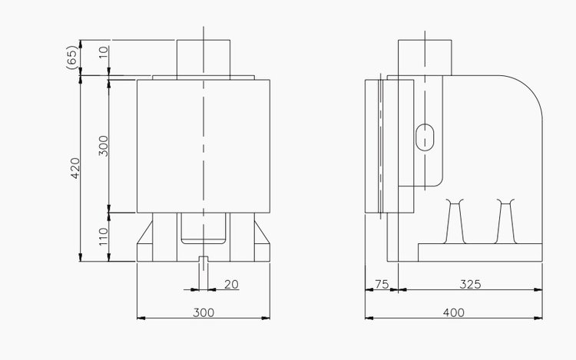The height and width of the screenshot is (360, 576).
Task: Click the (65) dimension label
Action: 72,57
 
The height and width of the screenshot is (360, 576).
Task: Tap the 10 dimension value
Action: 104,51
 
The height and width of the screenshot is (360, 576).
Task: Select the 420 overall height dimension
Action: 75,168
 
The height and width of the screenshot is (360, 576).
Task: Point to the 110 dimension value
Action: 104,236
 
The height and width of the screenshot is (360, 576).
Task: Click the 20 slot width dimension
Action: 231,285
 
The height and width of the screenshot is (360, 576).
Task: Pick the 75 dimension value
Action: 381,285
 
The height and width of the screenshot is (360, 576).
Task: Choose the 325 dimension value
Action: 470,285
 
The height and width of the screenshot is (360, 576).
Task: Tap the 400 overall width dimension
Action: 454,312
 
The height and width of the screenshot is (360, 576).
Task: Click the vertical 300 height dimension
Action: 104,146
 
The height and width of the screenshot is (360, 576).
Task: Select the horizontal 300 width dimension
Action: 204,312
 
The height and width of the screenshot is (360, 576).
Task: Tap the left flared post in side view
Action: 455,221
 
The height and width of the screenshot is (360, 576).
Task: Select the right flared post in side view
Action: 505,221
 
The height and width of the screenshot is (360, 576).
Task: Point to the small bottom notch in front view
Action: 204,259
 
